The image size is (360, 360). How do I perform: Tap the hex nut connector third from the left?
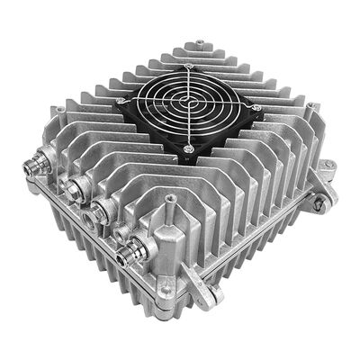point(103,207)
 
